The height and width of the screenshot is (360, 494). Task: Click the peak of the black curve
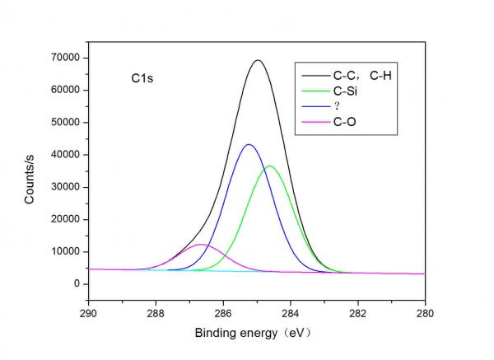[258, 60]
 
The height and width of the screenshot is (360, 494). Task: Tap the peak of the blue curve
[249, 145]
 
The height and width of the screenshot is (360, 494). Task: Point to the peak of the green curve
[269, 166]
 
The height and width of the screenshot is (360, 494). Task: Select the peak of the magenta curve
[201, 245]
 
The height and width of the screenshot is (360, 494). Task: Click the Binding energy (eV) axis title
[254, 334]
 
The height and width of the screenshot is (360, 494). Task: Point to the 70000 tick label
[65, 58]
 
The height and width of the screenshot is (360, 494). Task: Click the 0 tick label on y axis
[77, 283]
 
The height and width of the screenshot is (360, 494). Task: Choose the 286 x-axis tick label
[222, 313]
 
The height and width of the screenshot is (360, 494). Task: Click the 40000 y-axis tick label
[65, 154]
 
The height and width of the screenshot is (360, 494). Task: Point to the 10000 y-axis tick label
[65, 251]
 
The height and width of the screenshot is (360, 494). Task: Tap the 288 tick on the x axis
[155, 313]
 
